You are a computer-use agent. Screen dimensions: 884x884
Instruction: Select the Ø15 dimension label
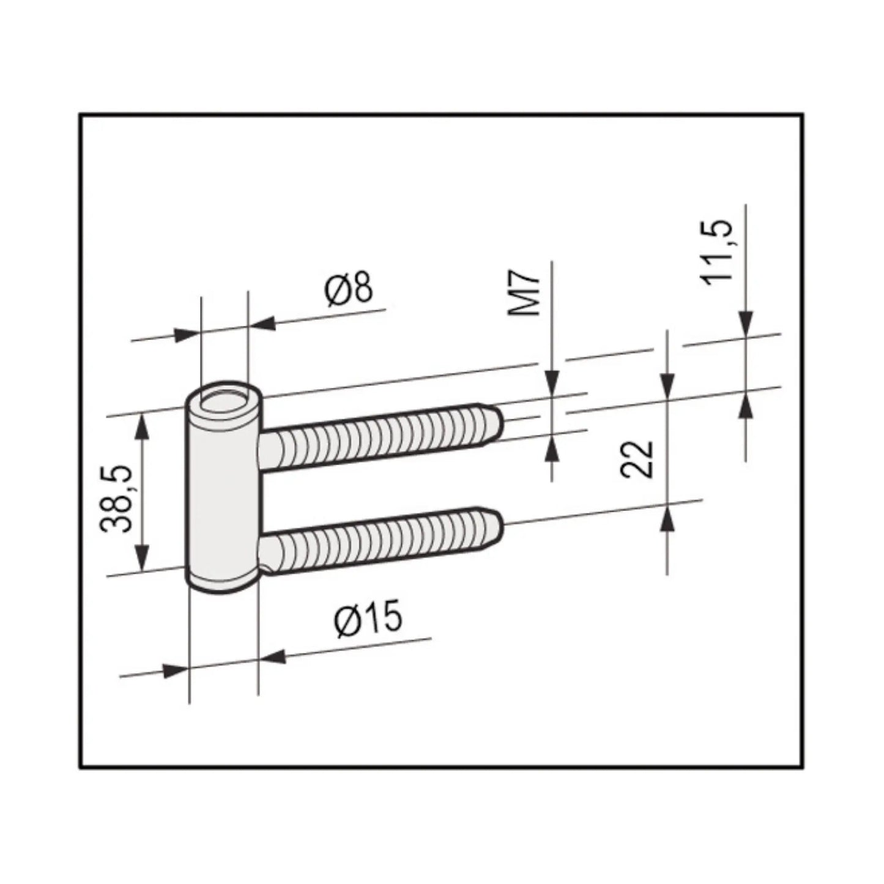369,620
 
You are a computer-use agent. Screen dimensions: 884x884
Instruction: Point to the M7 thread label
526,294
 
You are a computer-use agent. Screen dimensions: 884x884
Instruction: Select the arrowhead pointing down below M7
552,382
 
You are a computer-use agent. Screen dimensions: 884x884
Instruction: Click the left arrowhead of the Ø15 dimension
175,669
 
